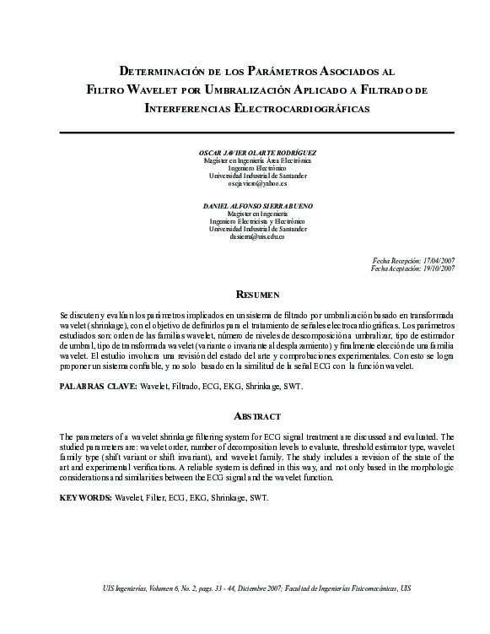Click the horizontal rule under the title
(257, 132)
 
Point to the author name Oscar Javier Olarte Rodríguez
(257, 153)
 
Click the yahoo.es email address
(257, 183)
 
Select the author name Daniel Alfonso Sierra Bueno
(257, 206)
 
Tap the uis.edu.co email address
(257, 236)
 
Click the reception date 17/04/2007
(436, 261)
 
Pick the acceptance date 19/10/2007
(436, 268)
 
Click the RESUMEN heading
(257, 294)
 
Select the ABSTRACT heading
(257, 416)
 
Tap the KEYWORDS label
(85, 498)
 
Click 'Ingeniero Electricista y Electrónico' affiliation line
(257, 221)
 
